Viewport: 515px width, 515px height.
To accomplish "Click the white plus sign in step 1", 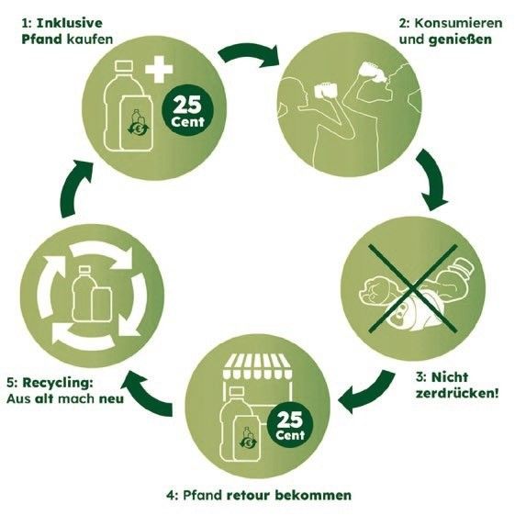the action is click(x=159, y=69).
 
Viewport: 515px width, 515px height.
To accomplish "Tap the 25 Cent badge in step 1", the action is click(x=188, y=110).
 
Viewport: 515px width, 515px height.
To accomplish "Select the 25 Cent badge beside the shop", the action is click(x=290, y=424).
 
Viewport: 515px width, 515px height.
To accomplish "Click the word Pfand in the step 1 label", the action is click(x=41, y=39).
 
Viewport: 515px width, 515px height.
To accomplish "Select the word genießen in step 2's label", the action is click(x=460, y=39).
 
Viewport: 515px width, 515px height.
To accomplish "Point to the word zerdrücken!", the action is click(x=457, y=393).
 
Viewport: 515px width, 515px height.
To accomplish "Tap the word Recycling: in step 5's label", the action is click(x=58, y=383).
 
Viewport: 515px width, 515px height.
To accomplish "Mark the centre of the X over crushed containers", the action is click(x=413, y=288).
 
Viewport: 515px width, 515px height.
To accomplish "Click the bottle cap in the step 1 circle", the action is click(x=124, y=66).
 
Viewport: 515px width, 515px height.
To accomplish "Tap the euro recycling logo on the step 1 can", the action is click(x=138, y=128).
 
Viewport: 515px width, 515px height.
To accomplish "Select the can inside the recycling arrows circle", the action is click(x=102, y=304).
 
